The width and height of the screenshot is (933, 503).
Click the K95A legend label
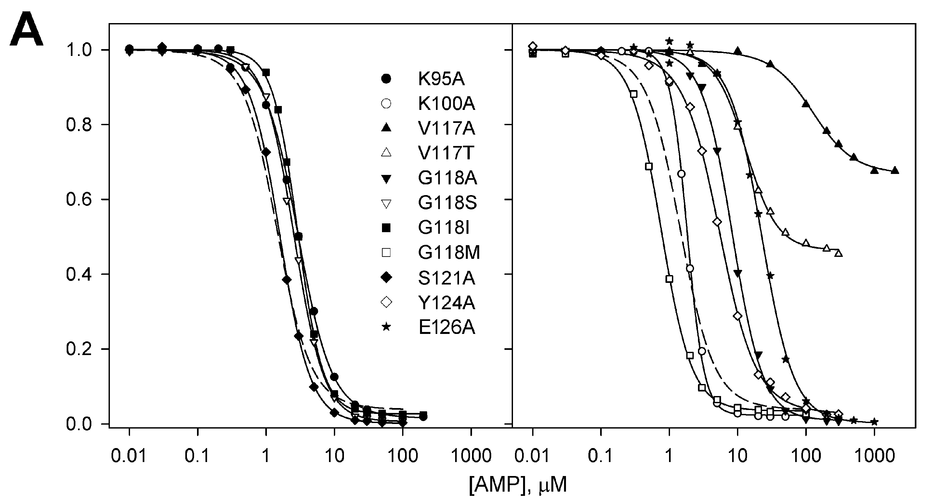click(x=441, y=79)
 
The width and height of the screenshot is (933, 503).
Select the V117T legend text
click(x=446, y=153)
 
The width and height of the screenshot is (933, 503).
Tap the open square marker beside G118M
click(x=387, y=252)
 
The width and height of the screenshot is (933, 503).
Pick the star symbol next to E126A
click(x=387, y=327)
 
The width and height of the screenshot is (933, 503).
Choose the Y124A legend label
click(x=446, y=302)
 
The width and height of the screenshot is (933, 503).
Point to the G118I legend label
click(x=443, y=228)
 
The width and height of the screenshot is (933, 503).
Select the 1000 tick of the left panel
click(x=471, y=457)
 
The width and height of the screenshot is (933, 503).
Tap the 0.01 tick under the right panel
click(x=532, y=457)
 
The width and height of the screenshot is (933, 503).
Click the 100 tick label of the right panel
click(x=806, y=457)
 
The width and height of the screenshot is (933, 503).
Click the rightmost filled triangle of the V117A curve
click(x=895, y=170)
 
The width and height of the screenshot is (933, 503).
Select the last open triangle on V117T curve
click(x=838, y=254)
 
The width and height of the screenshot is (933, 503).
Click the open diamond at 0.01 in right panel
click(x=532, y=46)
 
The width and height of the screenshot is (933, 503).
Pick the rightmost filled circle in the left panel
click(x=423, y=417)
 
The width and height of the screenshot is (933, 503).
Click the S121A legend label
click(x=446, y=278)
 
